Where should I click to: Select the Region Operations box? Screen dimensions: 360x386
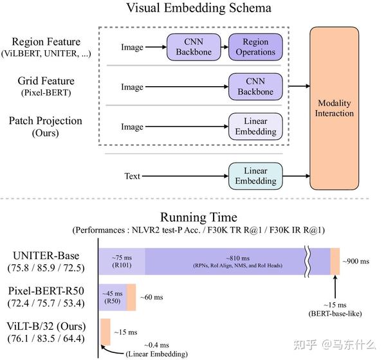(x=255, y=47)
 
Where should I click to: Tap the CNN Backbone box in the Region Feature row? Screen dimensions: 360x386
(x=194, y=47)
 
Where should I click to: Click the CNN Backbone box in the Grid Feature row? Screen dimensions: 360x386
(x=255, y=87)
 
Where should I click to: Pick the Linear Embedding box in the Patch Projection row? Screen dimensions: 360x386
(x=255, y=127)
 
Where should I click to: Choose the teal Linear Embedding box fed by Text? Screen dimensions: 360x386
(x=255, y=175)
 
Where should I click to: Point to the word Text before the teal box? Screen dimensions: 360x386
(x=132, y=175)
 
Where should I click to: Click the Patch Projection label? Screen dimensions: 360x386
(x=46, y=121)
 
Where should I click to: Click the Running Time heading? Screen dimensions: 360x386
(x=198, y=217)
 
